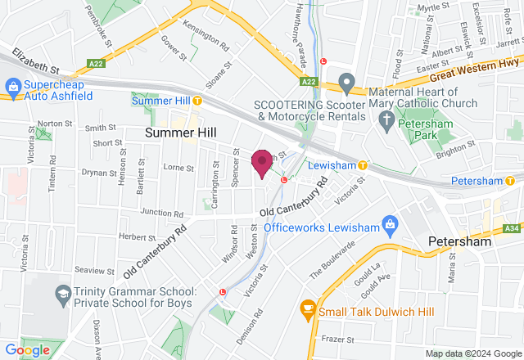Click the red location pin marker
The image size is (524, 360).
pyautogui.click(x=262, y=163)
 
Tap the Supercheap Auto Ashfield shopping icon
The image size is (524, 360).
pyautogui.click(x=13, y=86)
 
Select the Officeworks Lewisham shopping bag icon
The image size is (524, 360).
pyautogui.click(x=390, y=223)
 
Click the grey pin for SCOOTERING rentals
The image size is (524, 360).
pyautogui.click(x=346, y=82)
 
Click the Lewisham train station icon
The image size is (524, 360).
pyautogui.click(x=362, y=165)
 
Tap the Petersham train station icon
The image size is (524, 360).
pyautogui.click(x=508, y=180)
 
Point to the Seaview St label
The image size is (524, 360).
pyautogui.click(x=94, y=270)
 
